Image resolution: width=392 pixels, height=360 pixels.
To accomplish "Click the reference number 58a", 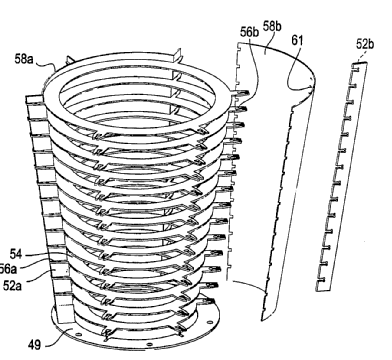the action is click(24, 59).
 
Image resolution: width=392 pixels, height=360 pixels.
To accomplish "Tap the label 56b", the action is click(249, 32).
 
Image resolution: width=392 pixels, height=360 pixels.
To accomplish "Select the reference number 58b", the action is click(272, 26).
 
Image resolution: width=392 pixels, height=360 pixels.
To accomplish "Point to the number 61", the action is click(297, 40).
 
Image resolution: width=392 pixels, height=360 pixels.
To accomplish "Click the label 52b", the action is click(365, 44).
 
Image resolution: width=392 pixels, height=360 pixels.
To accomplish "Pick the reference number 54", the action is click(16, 254).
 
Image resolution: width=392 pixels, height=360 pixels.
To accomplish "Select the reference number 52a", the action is click(12, 285).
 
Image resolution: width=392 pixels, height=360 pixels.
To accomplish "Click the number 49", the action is click(34, 345).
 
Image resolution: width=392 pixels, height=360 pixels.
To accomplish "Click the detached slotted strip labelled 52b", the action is click(342, 177).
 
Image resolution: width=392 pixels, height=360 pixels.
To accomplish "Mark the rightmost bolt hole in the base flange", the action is click(209, 322).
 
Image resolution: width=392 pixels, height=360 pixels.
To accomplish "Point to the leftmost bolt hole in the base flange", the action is click(77, 334).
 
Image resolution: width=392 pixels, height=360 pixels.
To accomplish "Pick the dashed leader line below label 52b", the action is click(361, 56).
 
